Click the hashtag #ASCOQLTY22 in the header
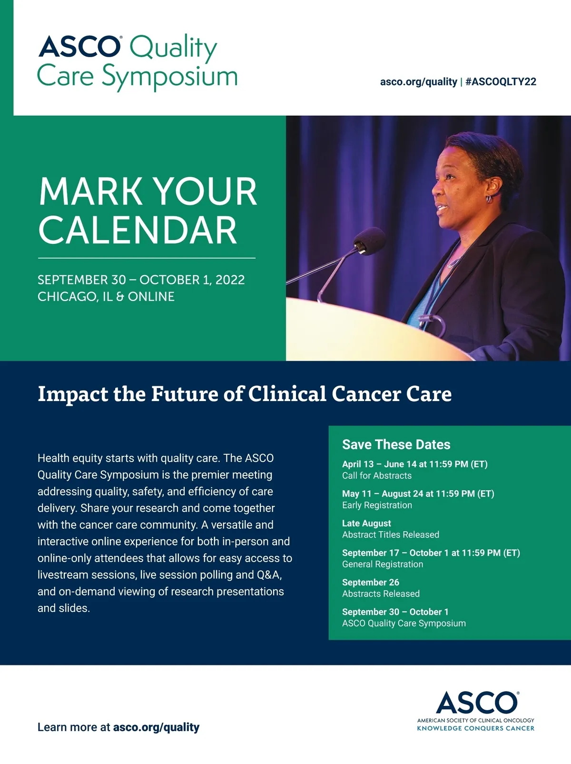click(501, 82)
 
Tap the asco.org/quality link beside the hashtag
click(418, 82)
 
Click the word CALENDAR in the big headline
click(138, 230)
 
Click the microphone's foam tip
click(369, 241)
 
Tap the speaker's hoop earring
click(489, 199)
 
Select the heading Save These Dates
click(396, 444)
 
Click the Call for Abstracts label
click(376, 475)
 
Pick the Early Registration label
click(377, 505)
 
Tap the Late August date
click(366, 523)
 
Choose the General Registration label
click(383, 564)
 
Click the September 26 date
click(371, 583)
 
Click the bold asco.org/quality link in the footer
click(156, 727)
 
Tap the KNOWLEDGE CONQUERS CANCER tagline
click(475, 728)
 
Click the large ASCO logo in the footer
click(477, 703)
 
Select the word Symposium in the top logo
click(170, 77)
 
